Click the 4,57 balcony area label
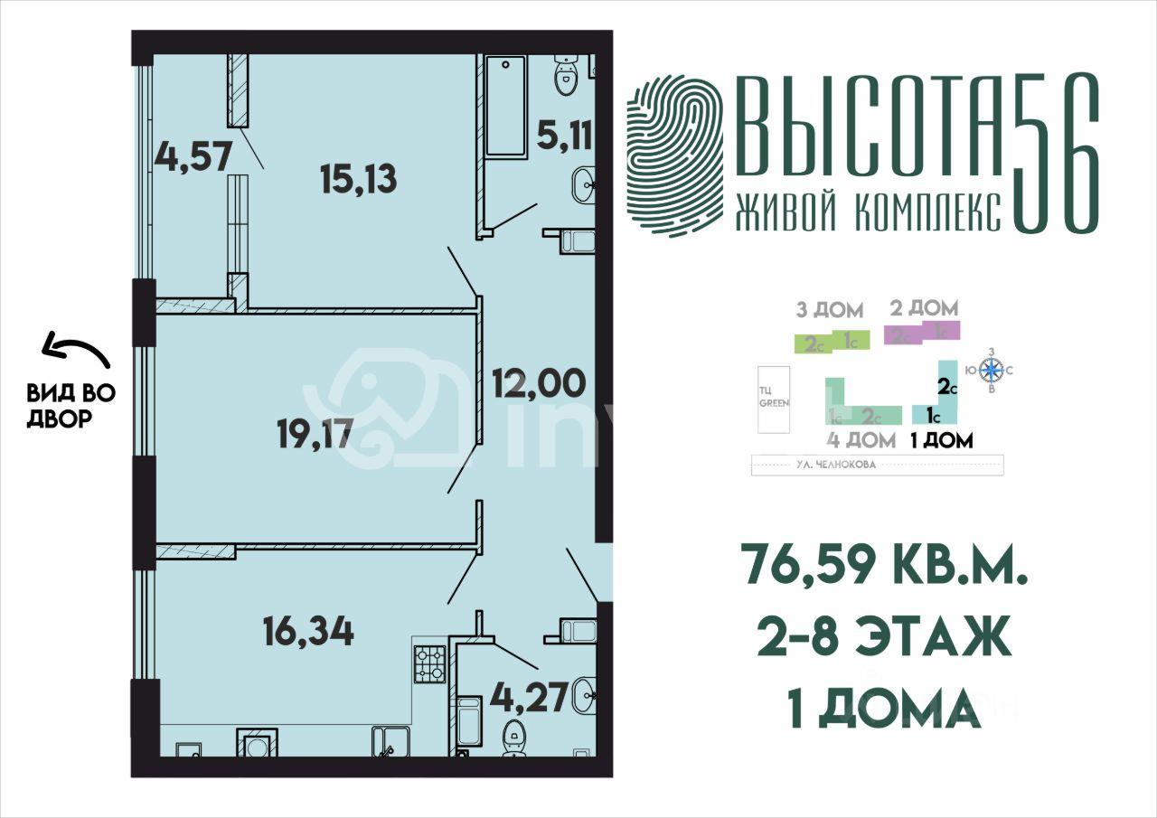tap(187, 155)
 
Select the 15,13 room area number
tap(358, 180)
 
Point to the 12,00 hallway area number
tap(538, 384)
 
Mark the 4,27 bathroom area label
tap(529, 697)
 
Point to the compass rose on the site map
tap(992, 370)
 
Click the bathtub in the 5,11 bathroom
tap(505, 106)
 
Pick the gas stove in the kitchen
tap(429, 664)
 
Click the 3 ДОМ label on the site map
tap(829, 311)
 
